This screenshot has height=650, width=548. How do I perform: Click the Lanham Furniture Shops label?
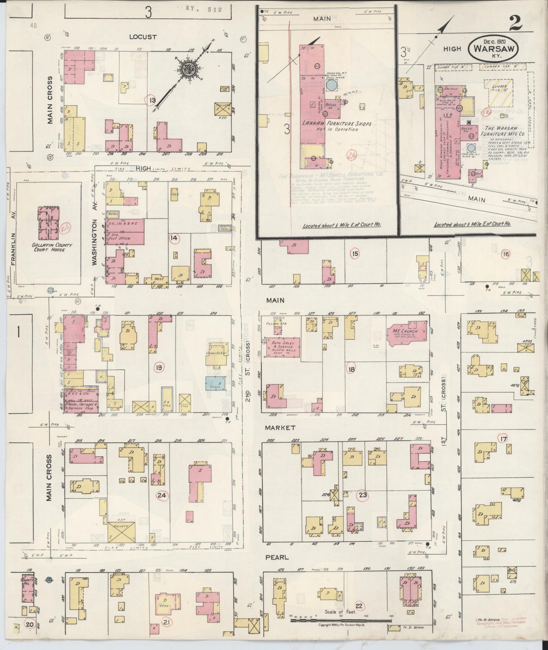(x=337, y=126)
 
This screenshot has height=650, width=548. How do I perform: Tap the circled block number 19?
(x=159, y=367)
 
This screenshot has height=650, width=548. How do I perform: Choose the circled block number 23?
(x=363, y=495)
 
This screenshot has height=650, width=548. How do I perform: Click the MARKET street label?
(x=281, y=428)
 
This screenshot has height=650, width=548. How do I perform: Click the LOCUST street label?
(x=143, y=37)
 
